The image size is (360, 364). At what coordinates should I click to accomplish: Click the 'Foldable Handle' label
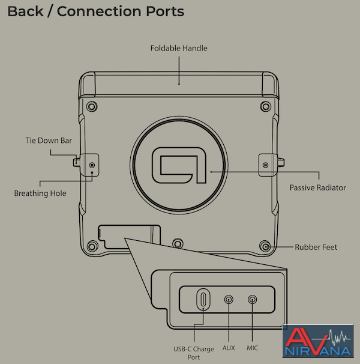coord(179,48)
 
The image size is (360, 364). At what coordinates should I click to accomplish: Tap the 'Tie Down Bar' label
coord(49,141)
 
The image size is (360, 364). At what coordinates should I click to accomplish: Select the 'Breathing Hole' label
coord(40,193)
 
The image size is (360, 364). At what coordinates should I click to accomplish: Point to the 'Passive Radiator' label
coord(317,187)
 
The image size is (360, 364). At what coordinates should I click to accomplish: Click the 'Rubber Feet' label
coord(316,247)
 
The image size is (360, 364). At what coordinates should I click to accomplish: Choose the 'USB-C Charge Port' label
coord(194,353)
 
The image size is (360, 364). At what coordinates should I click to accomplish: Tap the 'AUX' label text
coord(229,348)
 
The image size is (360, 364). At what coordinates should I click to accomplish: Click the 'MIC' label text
coord(252,348)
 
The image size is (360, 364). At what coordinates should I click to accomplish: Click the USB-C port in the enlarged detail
coord(203,300)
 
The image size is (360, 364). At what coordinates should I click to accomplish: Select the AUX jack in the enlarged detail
coord(229,300)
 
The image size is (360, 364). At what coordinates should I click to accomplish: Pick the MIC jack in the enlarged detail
coord(252,300)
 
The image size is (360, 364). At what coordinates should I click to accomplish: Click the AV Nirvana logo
coord(318,341)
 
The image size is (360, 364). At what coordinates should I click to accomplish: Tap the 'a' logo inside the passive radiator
coord(179,165)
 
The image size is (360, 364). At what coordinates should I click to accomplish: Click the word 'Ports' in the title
coord(165,11)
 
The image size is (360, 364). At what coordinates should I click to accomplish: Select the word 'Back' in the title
coord(26,11)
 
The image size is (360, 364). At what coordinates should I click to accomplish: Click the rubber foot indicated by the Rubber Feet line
coord(265,246)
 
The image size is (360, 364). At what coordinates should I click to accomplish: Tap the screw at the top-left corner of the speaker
coord(92,106)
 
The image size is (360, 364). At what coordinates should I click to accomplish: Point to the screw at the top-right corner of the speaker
coord(266,106)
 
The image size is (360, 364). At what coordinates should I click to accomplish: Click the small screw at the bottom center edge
coord(178,243)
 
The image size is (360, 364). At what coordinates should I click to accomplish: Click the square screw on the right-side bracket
coord(266,165)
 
